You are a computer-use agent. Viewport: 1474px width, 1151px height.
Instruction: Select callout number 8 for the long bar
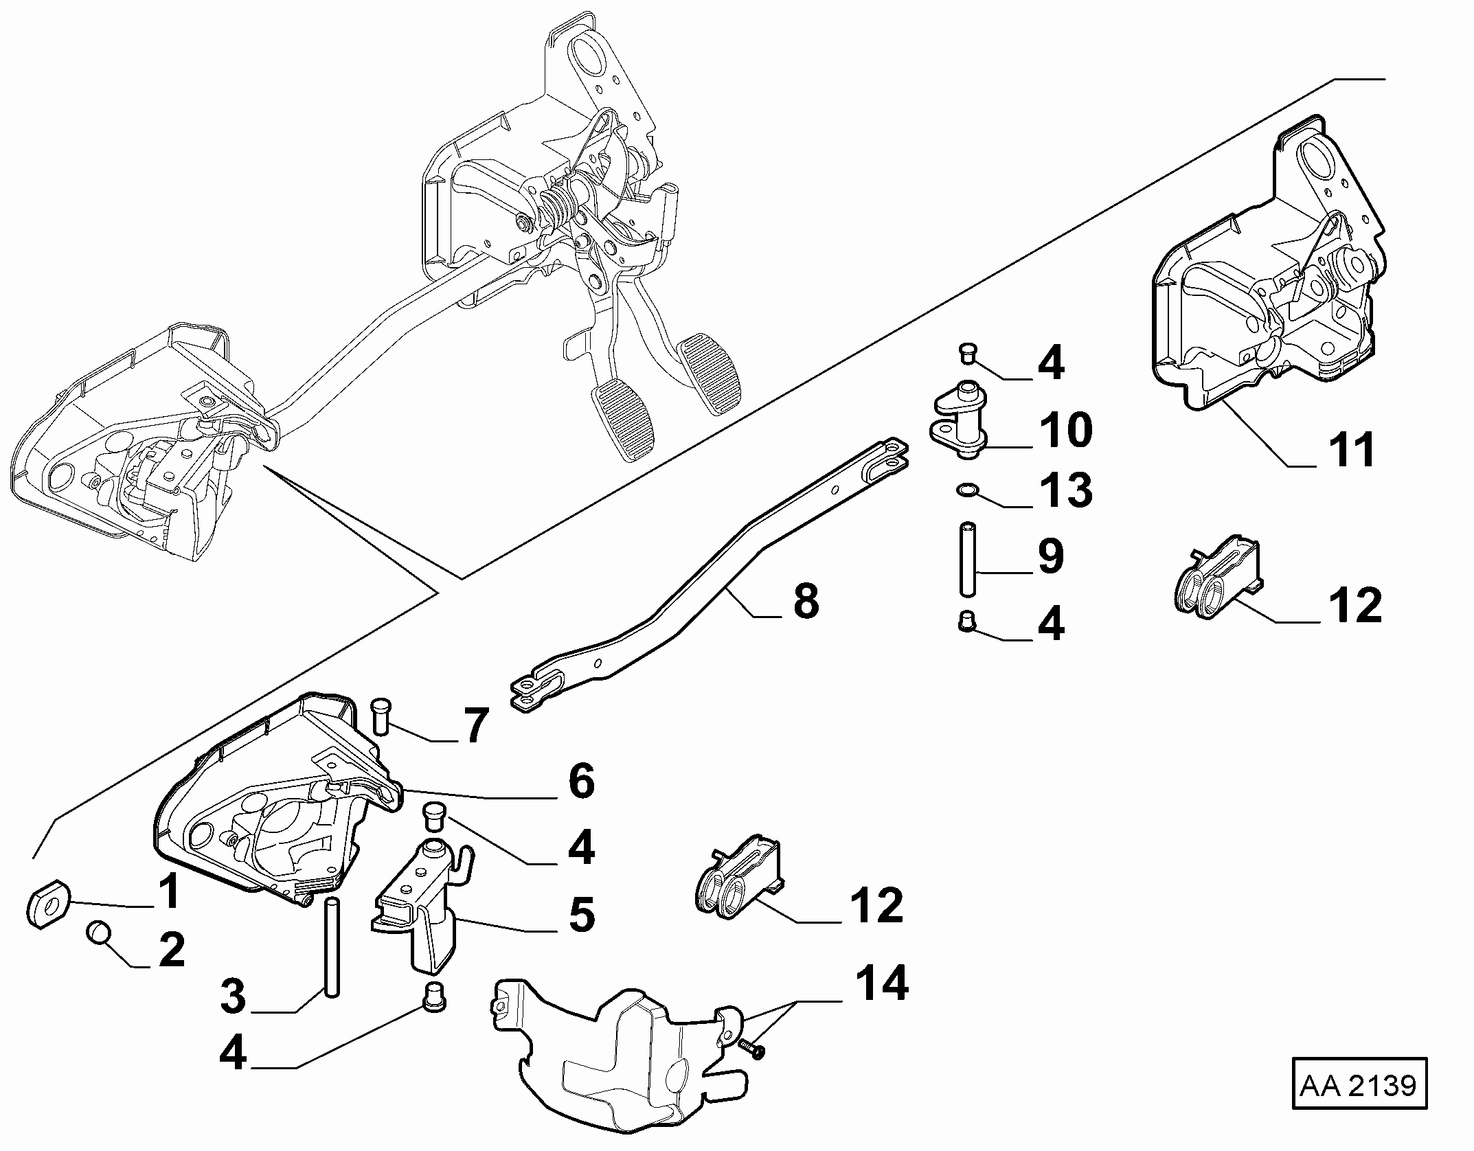pos(806,600)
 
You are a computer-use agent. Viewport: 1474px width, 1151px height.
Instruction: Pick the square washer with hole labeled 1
pos(49,904)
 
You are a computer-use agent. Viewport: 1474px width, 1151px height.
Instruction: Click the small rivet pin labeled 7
pos(380,716)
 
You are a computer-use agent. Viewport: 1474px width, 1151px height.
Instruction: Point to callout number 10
pos(1065,429)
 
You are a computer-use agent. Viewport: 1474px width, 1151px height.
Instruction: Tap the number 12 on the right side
pos(1355,604)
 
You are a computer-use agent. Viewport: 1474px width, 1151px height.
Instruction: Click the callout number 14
pos(882,982)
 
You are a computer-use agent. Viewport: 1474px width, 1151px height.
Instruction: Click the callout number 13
pos(1065,490)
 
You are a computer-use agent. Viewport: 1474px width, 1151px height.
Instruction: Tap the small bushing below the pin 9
pos(966,621)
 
